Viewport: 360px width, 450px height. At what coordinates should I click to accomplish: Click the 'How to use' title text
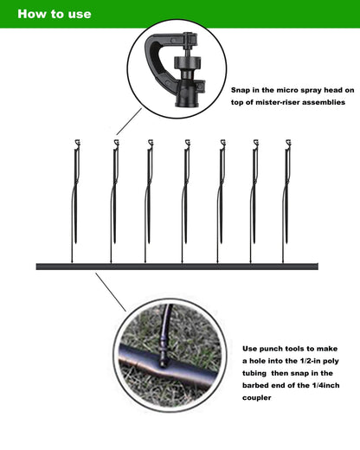coord(54,15)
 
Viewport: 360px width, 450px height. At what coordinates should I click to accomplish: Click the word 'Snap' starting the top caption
coord(243,90)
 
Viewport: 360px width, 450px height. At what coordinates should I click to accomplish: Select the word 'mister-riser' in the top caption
coord(268,103)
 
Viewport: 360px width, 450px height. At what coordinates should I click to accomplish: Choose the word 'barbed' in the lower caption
coord(260,386)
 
